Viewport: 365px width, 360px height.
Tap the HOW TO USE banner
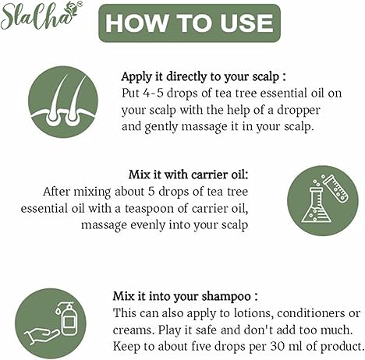coord(190,23)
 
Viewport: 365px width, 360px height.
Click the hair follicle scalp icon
coord(63,101)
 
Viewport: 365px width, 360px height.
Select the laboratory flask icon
coord(316,206)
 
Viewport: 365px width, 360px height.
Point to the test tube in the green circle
coord(335,187)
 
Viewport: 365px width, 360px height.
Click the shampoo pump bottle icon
coord(67,319)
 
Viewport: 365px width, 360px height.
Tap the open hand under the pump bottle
coord(41,336)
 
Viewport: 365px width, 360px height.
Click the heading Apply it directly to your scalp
coord(204,77)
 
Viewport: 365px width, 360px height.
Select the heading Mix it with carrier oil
coord(189,175)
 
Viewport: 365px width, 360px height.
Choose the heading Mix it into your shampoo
coord(186,296)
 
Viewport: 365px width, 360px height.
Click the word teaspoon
coord(149,209)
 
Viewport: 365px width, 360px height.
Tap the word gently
coord(161,128)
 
